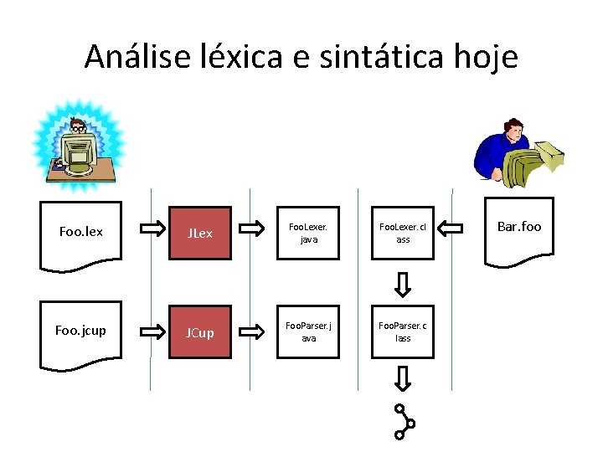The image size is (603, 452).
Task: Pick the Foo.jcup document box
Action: pos(81,333)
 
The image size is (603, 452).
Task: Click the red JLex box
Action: pos(199,234)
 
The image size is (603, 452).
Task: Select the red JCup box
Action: pos(199,332)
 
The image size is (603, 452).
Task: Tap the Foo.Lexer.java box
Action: pos(308,233)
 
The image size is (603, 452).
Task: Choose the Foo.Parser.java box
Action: pos(308,332)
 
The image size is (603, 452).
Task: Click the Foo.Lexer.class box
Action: pos(403,233)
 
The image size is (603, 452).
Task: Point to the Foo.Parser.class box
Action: pos(403,332)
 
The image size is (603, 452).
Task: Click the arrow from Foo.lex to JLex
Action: pos(152,228)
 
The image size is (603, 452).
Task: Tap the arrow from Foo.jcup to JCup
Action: pos(152,330)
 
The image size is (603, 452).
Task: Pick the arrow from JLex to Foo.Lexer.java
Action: pos(251,228)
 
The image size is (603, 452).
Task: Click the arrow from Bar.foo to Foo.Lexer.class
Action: pos(451,228)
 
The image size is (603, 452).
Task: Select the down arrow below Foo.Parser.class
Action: pos(403,379)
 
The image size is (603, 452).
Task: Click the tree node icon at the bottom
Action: pos(404,422)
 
